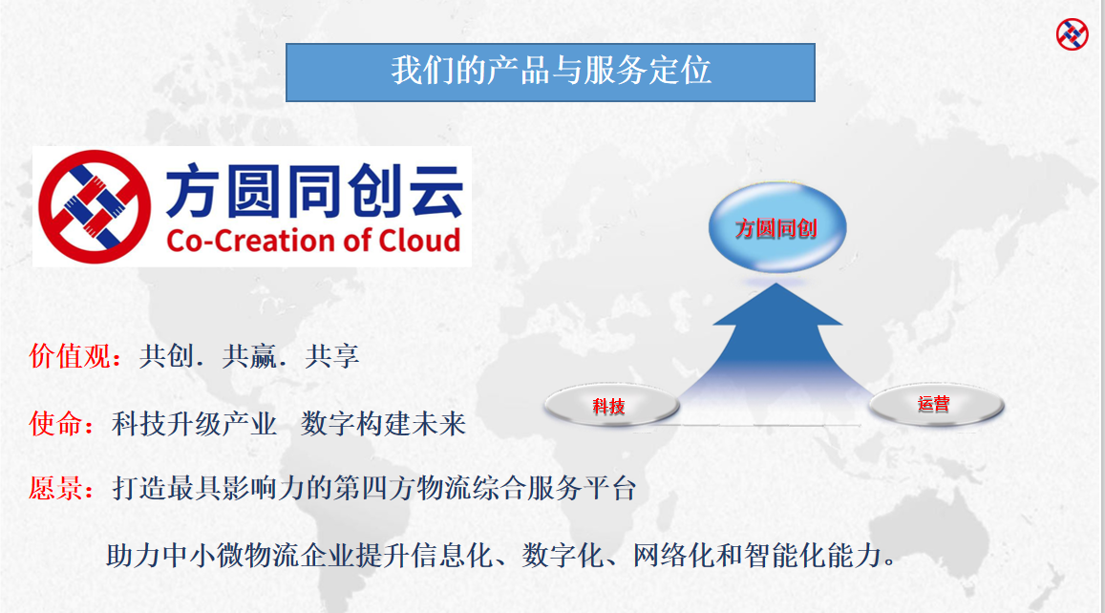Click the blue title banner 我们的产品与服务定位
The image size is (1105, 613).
click(550, 73)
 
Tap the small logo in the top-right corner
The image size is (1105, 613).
click(1072, 34)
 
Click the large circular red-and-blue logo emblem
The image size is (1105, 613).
click(95, 206)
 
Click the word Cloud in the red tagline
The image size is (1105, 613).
click(420, 241)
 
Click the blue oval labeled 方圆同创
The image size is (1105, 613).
click(776, 227)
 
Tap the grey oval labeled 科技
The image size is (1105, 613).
click(611, 405)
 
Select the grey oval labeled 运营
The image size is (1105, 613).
click(935, 405)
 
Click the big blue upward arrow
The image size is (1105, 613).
click(776, 352)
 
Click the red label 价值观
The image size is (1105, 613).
click(70, 356)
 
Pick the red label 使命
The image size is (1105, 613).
click(55, 424)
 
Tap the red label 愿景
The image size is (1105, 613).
click(55, 488)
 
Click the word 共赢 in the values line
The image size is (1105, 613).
click(249, 356)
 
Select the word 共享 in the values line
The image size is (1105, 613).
click(332, 356)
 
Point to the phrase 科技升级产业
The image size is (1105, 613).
click(195, 424)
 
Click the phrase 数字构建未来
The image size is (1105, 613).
click(383, 424)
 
